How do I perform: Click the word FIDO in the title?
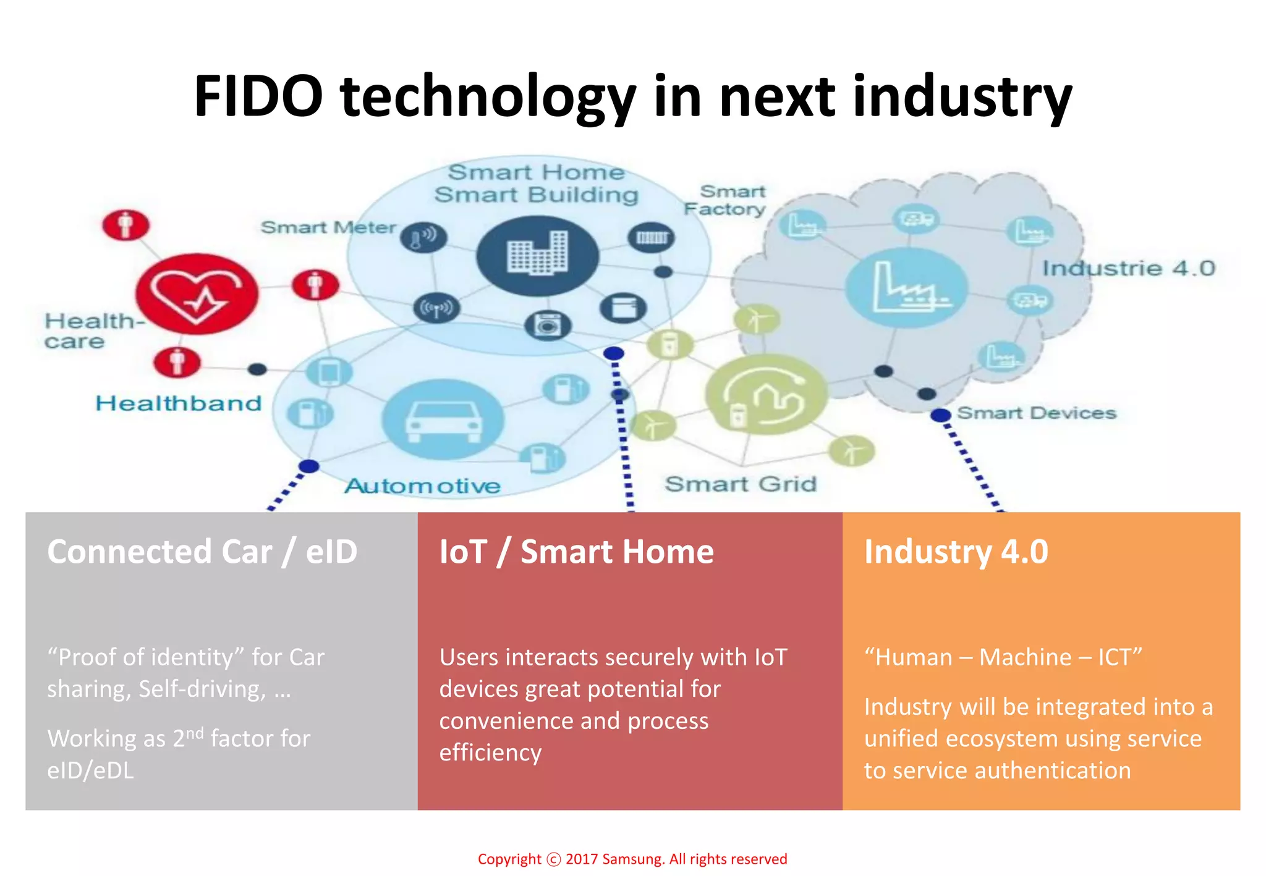(x=258, y=96)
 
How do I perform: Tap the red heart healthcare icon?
(x=197, y=294)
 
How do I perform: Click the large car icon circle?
(x=443, y=419)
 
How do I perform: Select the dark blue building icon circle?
(x=537, y=256)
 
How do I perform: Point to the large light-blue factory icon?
(x=906, y=288)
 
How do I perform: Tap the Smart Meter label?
(x=328, y=227)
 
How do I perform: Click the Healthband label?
(x=179, y=403)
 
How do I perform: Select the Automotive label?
(x=422, y=486)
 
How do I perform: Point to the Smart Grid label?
(x=741, y=484)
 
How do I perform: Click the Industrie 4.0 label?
(x=1129, y=268)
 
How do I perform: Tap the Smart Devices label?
(x=1037, y=413)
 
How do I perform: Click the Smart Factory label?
(x=726, y=200)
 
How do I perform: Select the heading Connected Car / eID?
(x=202, y=552)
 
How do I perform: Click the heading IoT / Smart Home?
(x=576, y=552)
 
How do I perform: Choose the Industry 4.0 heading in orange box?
(x=956, y=552)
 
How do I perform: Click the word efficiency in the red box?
(x=490, y=752)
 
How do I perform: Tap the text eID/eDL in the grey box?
(x=90, y=770)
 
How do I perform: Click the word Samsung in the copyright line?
(x=632, y=859)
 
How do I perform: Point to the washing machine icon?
(x=548, y=325)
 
